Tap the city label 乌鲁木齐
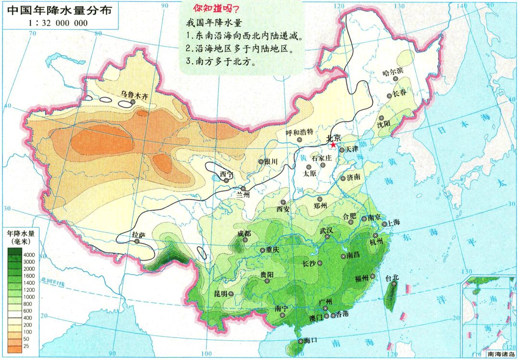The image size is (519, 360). [x=135, y=95]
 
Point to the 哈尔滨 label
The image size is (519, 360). [x=393, y=72]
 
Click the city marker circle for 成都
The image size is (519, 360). [x=247, y=239]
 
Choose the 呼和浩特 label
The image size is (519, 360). [x=299, y=132]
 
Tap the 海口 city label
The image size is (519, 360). [x=311, y=340]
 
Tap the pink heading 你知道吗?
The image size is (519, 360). [x=216, y=9]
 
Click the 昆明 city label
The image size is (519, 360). [x=221, y=293]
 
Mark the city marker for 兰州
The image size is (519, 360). [x=243, y=189]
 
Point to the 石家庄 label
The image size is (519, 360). [x=322, y=158]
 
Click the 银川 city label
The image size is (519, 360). [x=271, y=162]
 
